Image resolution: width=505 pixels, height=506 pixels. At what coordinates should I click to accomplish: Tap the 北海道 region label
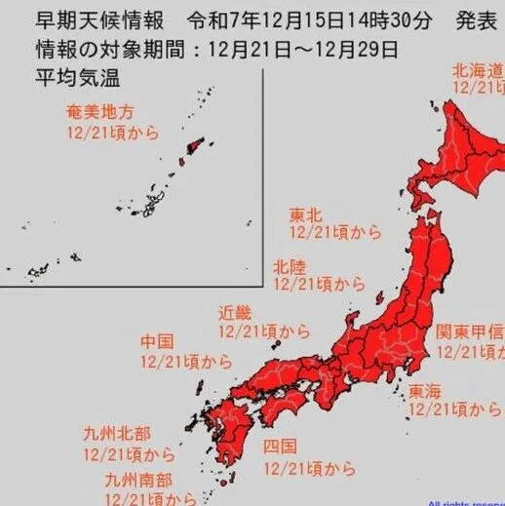click(477, 70)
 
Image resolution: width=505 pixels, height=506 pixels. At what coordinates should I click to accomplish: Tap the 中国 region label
click(158, 342)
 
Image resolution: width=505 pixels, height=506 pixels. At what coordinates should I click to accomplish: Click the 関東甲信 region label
click(469, 331)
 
